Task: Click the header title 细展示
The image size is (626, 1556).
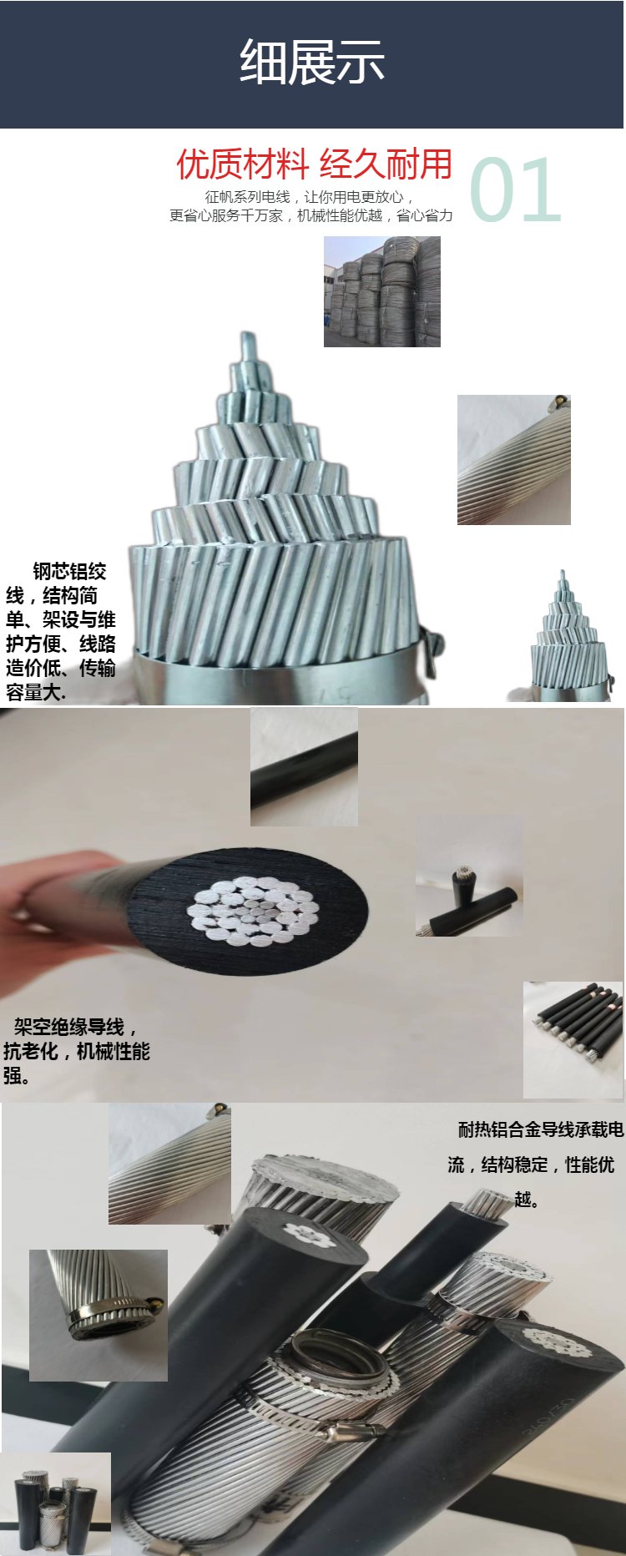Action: coord(312,62)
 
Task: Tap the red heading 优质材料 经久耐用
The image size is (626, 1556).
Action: coord(314,164)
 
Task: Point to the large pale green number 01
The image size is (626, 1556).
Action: coord(515,190)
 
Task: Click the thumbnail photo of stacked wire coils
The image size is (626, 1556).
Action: coord(382,291)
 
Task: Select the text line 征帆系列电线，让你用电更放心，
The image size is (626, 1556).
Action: coord(310,197)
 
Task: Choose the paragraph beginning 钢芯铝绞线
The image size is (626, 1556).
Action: coord(60,632)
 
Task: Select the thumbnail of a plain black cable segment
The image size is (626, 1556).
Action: coord(304,767)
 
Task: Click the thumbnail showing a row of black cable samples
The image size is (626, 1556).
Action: coord(573,1040)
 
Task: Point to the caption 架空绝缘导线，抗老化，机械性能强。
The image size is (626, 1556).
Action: coord(76,1051)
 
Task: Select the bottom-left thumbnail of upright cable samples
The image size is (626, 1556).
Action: coord(55,1504)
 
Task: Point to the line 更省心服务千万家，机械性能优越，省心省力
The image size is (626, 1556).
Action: coord(311,215)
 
